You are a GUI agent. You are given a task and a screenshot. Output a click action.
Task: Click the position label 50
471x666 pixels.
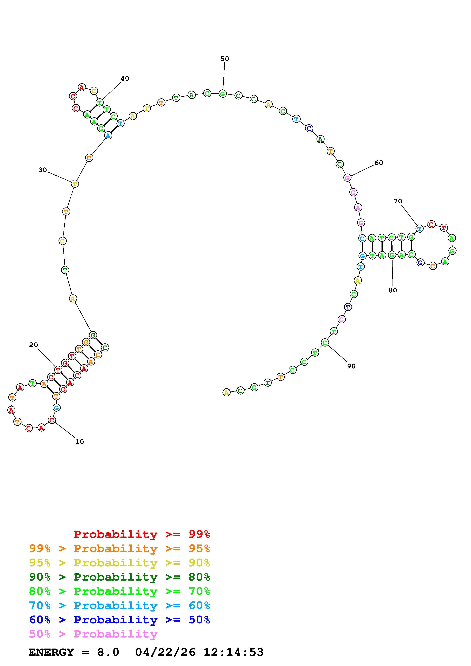[x=225, y=59]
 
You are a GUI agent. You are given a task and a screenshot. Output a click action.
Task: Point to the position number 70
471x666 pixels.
[x=398, y=201]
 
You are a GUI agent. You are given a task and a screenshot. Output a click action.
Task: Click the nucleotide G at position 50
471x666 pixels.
[x=223, y=94]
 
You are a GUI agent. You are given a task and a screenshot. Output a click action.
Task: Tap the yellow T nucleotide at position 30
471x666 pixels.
[x=75, y=184]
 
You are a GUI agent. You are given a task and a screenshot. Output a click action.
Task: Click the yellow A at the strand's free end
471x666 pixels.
[x=226, y=392]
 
